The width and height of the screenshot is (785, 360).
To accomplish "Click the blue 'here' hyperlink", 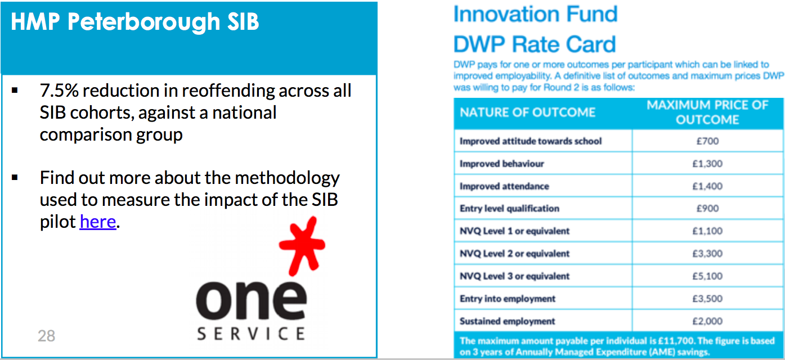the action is (x=98, y=222).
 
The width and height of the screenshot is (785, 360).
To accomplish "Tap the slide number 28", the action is (x=46, y=336).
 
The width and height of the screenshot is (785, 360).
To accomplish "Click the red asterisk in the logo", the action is (x=302, y=245).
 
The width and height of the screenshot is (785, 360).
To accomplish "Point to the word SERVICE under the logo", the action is (x=251, y=334).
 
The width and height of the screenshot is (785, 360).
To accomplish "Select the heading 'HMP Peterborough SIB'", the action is (x=135, y=22).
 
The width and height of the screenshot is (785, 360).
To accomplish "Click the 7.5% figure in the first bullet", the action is (x=59, y=91).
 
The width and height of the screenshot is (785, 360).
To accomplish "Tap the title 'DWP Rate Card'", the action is (x=535, y=44).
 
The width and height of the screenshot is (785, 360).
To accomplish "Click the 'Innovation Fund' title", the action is (x=536, y=14).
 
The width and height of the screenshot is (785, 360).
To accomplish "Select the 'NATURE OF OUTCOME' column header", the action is (x=527, y=112).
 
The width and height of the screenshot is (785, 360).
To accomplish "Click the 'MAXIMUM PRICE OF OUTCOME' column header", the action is (x=707, y=112).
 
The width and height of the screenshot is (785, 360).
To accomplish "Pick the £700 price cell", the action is (x=707, y=141).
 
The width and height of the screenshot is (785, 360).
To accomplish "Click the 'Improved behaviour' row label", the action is (x=502, y=164).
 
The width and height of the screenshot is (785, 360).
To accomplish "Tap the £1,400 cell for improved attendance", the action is (x=707, y=186).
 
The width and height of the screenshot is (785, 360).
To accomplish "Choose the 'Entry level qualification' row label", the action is (x=510, y=208).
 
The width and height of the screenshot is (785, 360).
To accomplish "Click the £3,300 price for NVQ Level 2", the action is (x=707, y=254).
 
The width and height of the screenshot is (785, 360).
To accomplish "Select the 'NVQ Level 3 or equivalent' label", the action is (x=514, y=276).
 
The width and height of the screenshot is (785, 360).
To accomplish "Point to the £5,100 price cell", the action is (x=707, y=276).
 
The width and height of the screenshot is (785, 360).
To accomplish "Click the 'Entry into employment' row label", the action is (x=508, y=299).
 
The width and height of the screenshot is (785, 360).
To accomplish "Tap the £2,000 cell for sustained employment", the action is (x=707, y=321).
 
